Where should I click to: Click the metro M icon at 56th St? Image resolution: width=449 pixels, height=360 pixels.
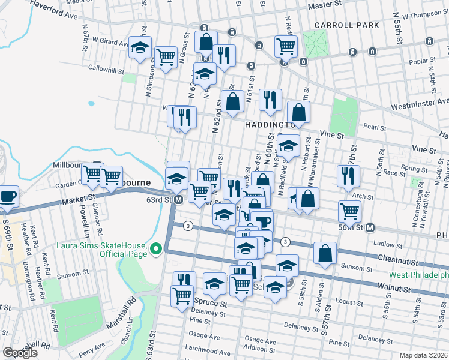[x=370, y=227]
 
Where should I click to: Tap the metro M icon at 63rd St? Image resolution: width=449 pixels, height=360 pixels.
[x=178, y=200]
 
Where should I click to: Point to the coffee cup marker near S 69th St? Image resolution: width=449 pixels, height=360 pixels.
[x=8, y=196]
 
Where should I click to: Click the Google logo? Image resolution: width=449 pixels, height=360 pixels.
[x=20, y=353]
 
